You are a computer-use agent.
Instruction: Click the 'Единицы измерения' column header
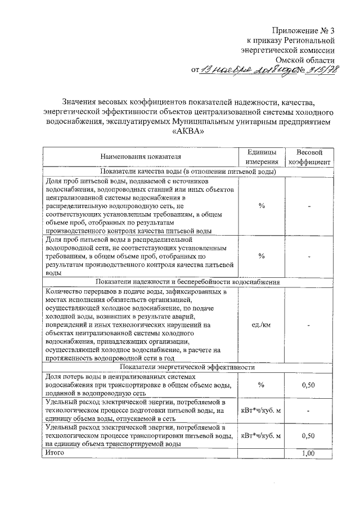tap(262, 157)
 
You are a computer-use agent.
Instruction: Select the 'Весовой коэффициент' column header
tap(309, 157)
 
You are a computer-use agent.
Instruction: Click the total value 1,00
tap(308, 453)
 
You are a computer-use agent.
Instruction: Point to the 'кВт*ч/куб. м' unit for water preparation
tap(262, 411)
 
